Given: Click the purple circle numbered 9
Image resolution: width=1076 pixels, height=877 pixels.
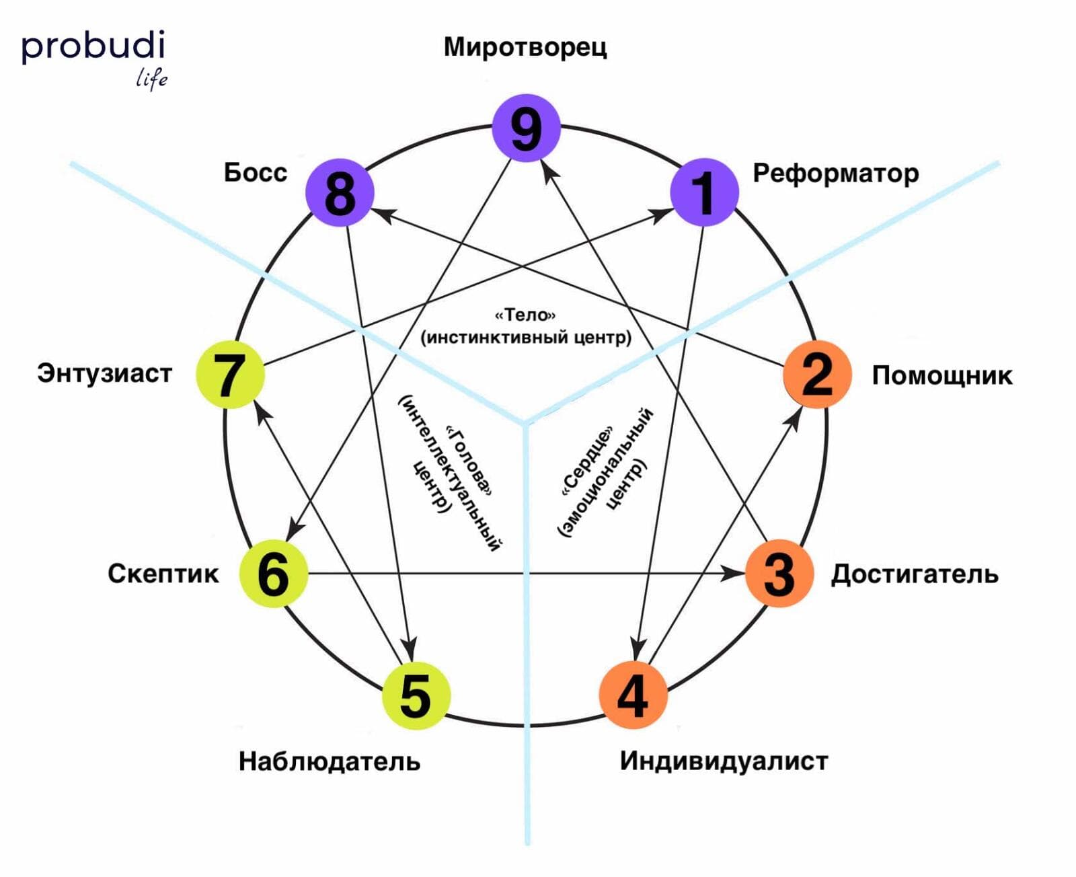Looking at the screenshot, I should pyautogui.click(x=526, y=128).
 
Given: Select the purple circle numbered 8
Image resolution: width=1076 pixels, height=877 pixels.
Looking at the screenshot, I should pyautogui.click(x=340, y=192).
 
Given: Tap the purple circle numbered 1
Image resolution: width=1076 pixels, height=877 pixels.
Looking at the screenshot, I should pyautogui.click(x=704, y=192).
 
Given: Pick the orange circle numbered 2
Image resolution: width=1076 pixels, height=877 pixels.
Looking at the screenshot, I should pyautogui.click(x=817, y=374).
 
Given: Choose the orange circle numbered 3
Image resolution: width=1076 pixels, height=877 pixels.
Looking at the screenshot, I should pyautogui.click(x=779, y=574).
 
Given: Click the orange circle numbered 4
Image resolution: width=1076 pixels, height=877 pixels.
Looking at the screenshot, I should pyautogui.click(x=633, y=695).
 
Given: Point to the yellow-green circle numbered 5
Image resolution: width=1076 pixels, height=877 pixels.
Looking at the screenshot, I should pyautogui.click(x=416, y=695).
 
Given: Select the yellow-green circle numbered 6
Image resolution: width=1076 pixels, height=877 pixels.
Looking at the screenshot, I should pyautogui.click(x=274, y=574).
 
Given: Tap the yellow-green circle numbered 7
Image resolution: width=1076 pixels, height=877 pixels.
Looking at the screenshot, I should pyautogui.click(x=230, y=375).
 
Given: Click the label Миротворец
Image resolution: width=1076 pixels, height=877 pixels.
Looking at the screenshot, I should pyautogui.click(x=525, y=48).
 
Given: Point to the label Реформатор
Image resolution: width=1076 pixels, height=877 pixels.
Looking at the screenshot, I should pyautogui.click(x=835, y=174).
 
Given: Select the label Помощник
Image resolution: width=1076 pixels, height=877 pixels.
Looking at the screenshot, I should pyautogui.click(x=941, y=375).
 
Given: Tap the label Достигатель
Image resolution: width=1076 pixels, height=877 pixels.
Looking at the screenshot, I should pyautogui.click(x=915, y=574).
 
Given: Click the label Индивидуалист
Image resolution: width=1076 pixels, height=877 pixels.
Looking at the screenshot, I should pyautogui.click(x=724, y=761).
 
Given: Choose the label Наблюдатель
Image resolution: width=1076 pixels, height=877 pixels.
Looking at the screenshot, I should pyautogui.click(x=330, y=761).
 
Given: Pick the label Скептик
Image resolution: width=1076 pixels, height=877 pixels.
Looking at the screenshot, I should pyautogui.click(x=163, y=574).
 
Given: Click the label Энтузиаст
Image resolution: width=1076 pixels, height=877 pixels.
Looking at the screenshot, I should pyautogui.click(x=105, y=373).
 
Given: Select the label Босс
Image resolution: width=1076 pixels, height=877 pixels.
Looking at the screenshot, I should pyautogui.click(x=256, y=173).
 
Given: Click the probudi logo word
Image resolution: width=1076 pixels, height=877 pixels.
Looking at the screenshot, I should pyautogui.click(x=93, y=47).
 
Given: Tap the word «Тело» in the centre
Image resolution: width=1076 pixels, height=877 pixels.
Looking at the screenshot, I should pyautogui.click(x=525, y=315).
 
